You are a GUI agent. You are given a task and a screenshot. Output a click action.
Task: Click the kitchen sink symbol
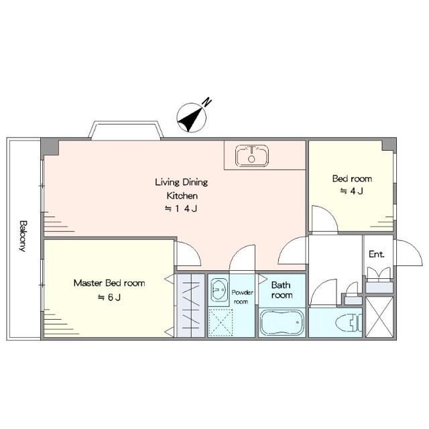coord(252,156)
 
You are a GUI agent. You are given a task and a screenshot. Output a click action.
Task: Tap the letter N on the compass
coord(207,102)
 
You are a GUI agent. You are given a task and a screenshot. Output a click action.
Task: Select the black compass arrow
coord(191,119)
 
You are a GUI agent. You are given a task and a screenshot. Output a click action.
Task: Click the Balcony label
coord(23,236)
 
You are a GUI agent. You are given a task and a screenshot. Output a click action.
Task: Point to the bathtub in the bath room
coord(282,322)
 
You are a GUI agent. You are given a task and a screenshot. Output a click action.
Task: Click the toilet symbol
coord(349,322)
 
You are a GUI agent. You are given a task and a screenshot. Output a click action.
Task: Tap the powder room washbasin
coord(219,290)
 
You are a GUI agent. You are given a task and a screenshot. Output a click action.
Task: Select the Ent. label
coord(377,255)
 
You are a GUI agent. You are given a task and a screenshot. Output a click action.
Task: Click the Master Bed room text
coord(109,283)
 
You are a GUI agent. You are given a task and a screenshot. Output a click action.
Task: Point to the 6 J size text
coord(109,297)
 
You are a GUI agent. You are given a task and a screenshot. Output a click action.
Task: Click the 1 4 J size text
coord(181,208)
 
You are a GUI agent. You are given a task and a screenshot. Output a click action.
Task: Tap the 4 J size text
coord(352,191)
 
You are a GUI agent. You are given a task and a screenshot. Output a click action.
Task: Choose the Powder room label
coord(242,297)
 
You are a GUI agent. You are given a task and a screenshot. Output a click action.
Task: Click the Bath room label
coord(282,290)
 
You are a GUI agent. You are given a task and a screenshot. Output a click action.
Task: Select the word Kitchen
coord(182,196)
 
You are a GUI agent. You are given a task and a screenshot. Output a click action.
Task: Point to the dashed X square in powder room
coord(221,322)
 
